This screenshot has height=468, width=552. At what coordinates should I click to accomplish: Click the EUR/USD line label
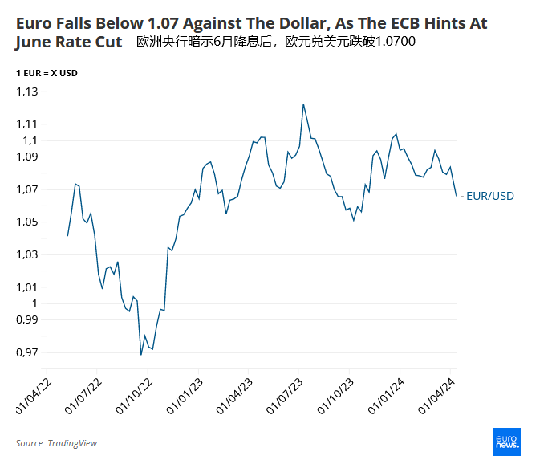pyautogui.click(x=490, y=196)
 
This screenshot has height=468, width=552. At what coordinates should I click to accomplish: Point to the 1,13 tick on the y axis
pyautogui.click(x=26, y=92)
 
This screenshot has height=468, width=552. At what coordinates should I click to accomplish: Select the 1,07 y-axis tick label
pyautogui.click(x=26, y=189)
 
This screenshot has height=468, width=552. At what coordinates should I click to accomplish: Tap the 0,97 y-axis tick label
pyautogui.click(x=26, y=352)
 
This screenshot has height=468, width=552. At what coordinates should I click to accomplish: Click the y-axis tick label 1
pyautogui.click(x=34, y=303)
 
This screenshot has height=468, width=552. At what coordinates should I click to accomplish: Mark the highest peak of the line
pyautogui.click(x=303, y=104)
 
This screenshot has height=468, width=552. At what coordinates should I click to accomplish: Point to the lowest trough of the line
pyautogui.click(x=141, y=355)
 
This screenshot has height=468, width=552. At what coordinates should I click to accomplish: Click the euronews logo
pyautogui.click(x=506, y=442)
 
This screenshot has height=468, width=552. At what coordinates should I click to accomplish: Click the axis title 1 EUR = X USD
pyautogui.click(x=47, y=73)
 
